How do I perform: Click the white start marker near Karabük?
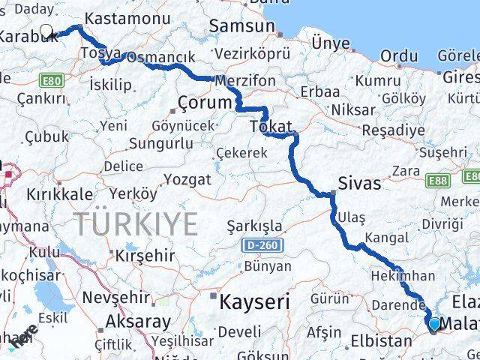(x=46, y=31)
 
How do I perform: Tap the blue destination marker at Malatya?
(x=434, y=323)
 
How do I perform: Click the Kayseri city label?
(x=254, y=302)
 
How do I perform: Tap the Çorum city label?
(x=202, y=101)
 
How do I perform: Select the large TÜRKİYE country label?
(x=136, y=223)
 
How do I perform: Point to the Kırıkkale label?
(x=60, y=193)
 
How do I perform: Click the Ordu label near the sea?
(x=399, y=55)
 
